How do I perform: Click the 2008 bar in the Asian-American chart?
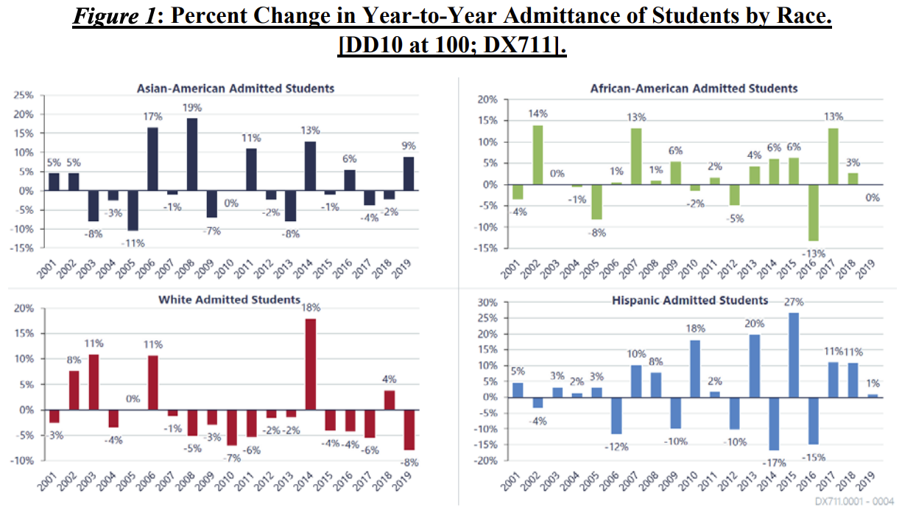[x=192, y=153]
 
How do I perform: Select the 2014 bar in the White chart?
[x=311, y=364]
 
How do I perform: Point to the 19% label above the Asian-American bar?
[x=193, y=108]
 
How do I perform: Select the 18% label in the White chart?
[x=311, y=308]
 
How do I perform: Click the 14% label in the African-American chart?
[x=538, y=115]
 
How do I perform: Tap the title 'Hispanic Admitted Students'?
[x=690, y=300]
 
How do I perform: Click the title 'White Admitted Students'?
[x=229, y=299]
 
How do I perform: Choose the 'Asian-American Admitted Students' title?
[x=236, y=88]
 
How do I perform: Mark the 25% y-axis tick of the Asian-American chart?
[x=24, y=96]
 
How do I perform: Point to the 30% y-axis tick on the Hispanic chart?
[x=487, y=302]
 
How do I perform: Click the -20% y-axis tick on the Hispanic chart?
[x=485, y=461]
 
